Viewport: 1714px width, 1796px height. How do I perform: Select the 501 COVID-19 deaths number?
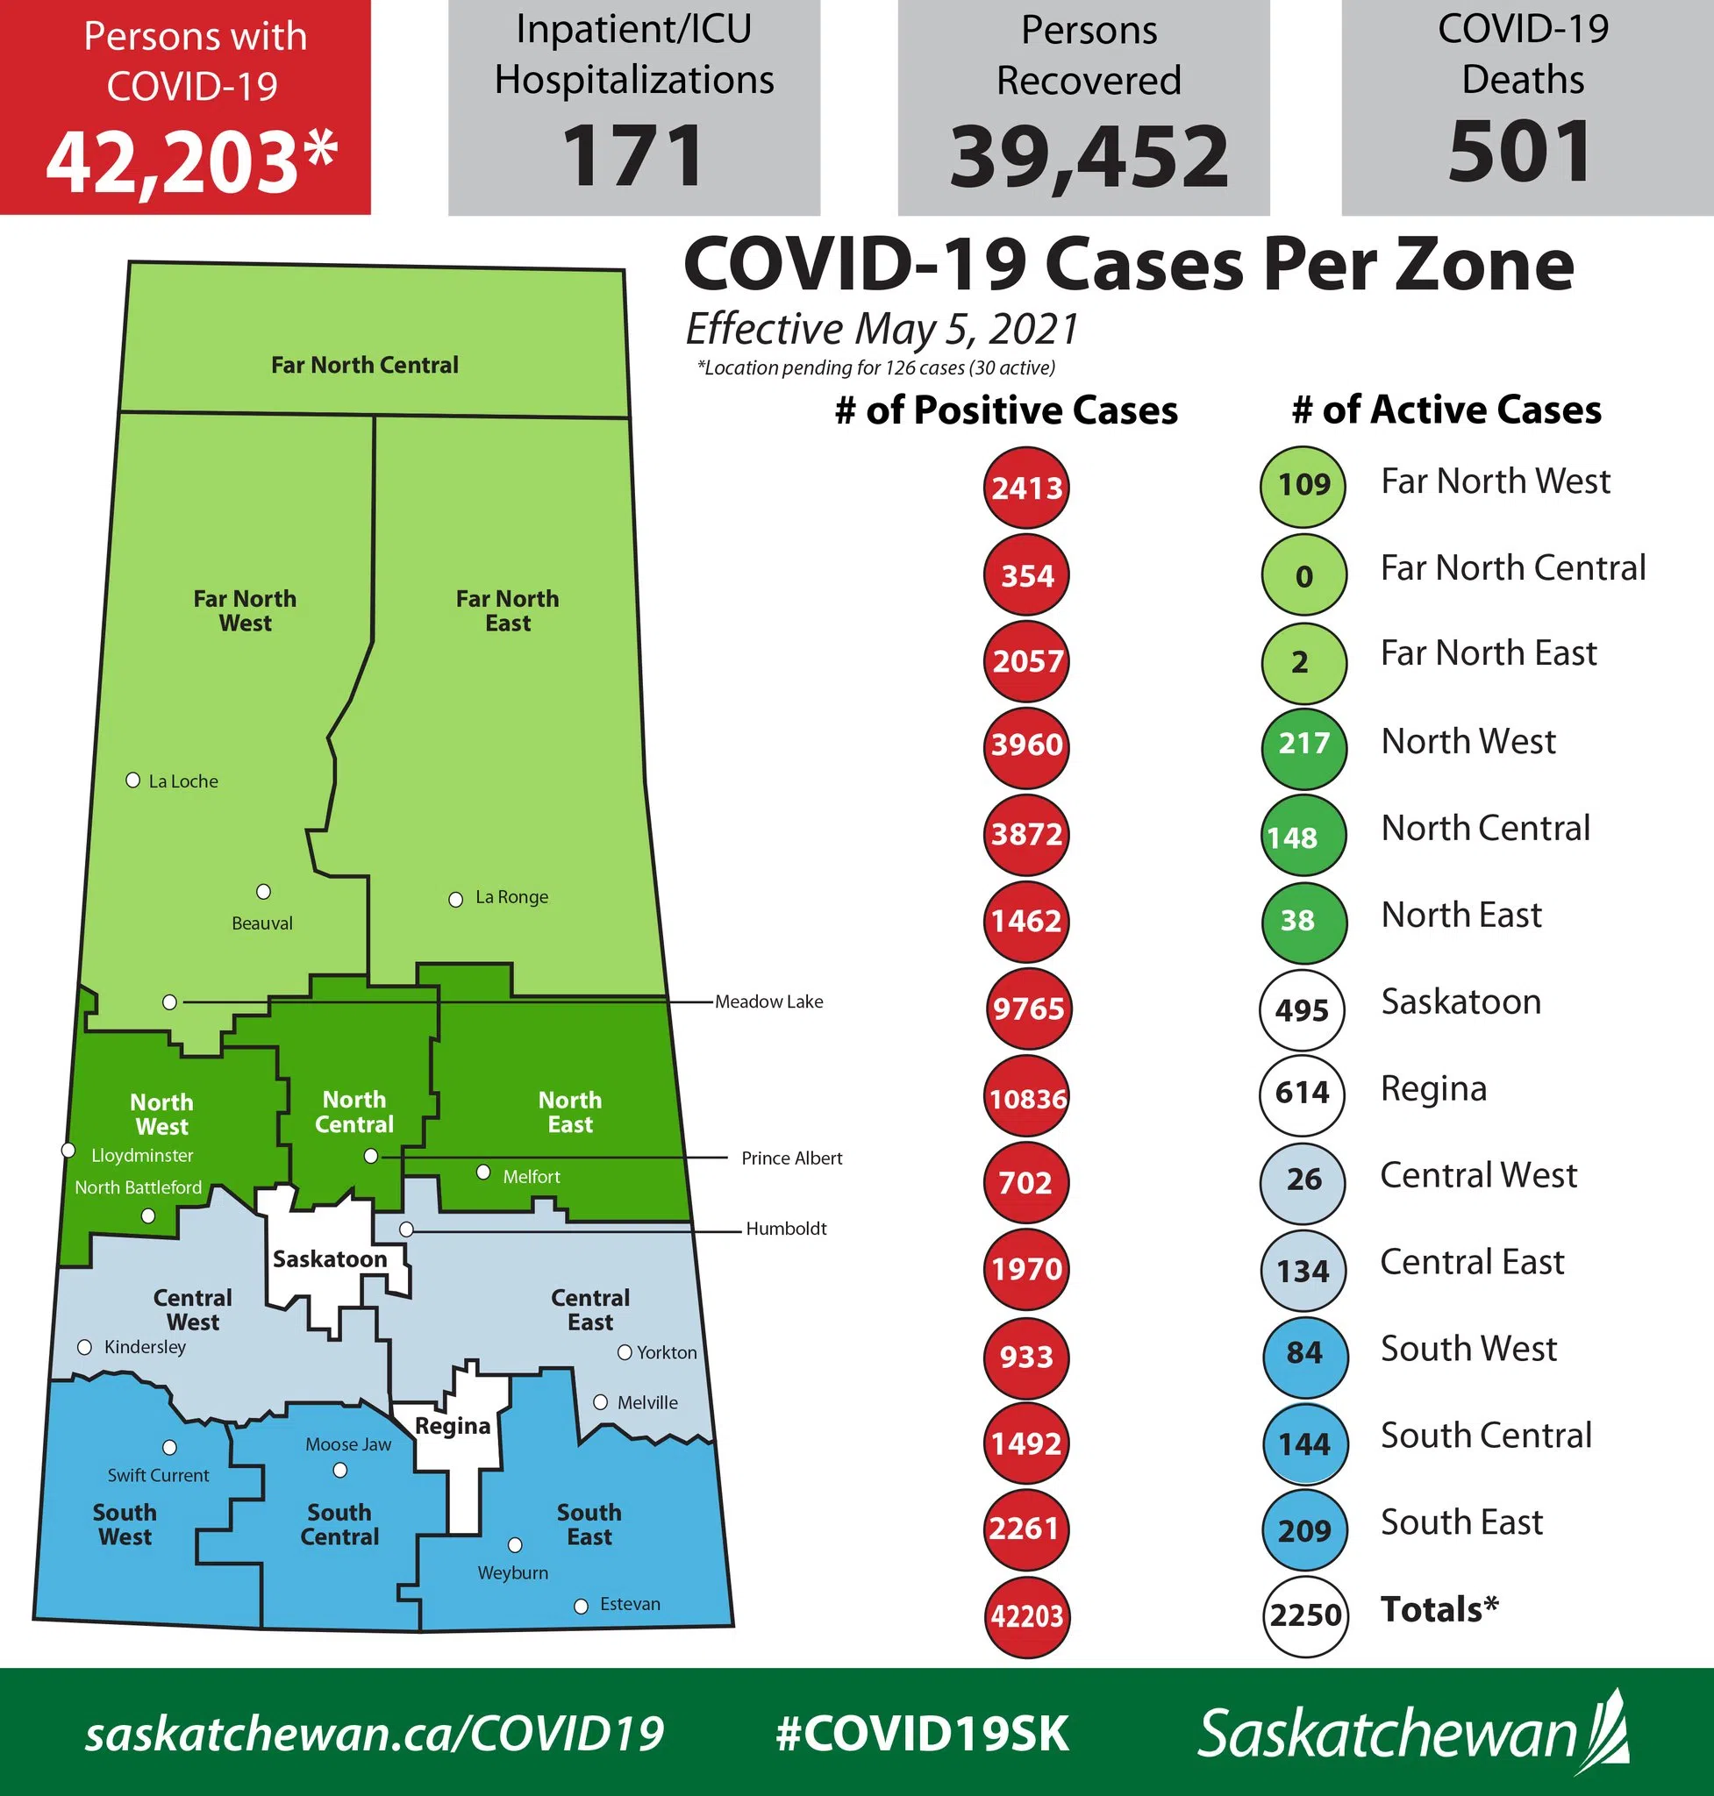[1521, 153]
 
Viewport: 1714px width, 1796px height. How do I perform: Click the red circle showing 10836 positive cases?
[1027, 1097]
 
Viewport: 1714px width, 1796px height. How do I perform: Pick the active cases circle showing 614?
[1302, 1093]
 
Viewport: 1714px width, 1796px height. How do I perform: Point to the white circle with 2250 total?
[1305, 1615]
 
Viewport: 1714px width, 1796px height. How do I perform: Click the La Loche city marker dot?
[133, 780]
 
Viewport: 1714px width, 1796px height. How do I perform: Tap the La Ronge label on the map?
[511, 897]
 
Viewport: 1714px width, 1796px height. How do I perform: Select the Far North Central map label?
[365, 366]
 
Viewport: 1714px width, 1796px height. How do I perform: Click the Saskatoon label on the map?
[330, 1258]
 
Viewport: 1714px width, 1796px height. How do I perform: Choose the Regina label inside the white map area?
[453, 1426]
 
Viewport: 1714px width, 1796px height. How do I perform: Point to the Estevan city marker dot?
[581, 1606]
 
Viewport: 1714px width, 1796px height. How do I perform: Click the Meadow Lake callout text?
[768, 1002]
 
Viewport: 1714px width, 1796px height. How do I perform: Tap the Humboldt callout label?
[786, 1229]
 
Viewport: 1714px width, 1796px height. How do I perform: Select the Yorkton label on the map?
[666, 1352]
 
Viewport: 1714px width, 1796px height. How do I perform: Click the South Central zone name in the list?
[1486, 1436]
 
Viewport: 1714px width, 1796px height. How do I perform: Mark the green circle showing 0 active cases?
[1303, 575]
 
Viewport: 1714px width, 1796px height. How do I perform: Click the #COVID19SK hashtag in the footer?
[922, 1733]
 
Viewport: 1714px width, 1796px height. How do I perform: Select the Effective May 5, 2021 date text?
[882, 329]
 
